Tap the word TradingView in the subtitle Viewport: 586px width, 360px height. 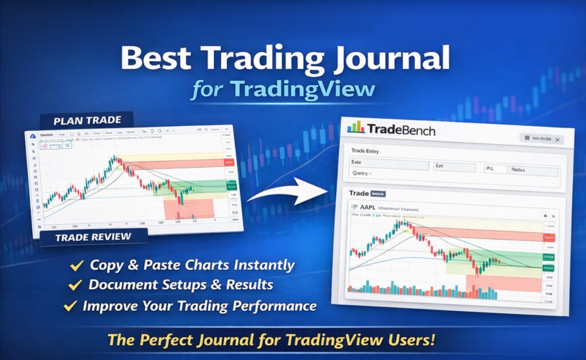303,89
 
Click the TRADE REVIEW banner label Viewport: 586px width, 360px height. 93,236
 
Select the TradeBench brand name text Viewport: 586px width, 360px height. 401,130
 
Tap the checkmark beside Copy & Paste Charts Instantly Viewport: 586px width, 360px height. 74,266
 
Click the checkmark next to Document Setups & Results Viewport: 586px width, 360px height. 74,285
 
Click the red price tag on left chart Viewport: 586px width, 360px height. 229,163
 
